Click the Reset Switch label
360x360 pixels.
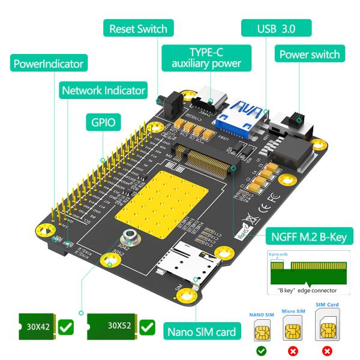138,28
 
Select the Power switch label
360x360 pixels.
310,55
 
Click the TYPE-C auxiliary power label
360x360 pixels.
206,58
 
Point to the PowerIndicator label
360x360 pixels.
49,62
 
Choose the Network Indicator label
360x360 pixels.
103,91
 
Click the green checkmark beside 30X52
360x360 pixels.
147,328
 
